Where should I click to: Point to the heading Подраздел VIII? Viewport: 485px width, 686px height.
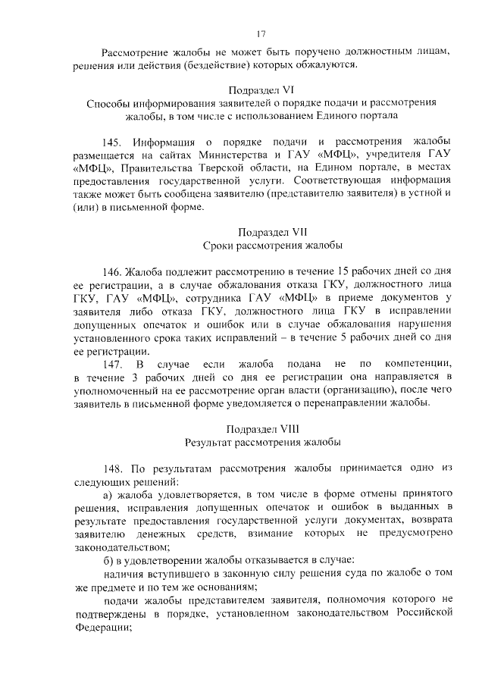click(x=261, y=428)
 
